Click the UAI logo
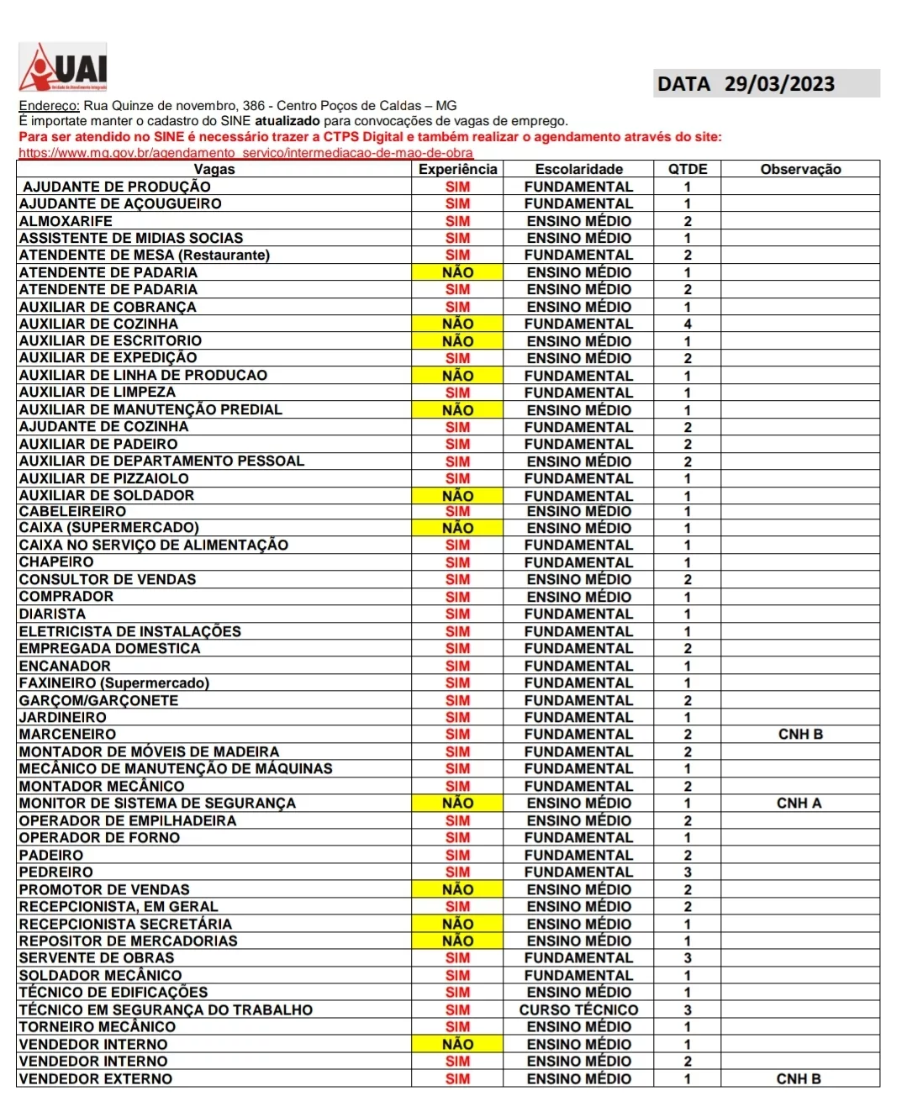tap(63, 67)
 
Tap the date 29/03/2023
tap(779, 84)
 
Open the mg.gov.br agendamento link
tap(245, 153)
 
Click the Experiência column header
tap(458, 169)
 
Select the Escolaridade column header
tap(579, 169)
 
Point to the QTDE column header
tap(688, 169)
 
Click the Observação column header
tap(800, 169)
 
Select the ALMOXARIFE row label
tap(66, 221)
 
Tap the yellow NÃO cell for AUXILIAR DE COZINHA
tap(458, 324)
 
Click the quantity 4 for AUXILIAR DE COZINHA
tap(688, 324)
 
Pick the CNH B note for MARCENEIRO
tap(800, 734)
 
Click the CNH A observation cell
tap(799, 803)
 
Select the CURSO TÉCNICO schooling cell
tap(579, 1009)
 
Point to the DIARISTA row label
tap(52, 614)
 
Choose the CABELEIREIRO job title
tap(72, 511)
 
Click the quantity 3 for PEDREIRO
tap(688, 872)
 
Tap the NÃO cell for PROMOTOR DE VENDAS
tap(458, 889)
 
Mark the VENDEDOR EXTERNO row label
tap(96, 1078)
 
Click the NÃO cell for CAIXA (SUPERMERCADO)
tap(458, 528)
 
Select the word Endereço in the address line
tap(49, 106)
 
